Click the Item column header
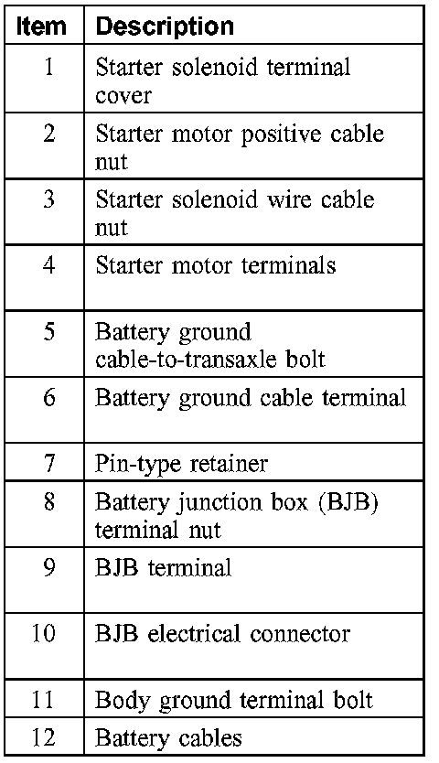[x=41, y=27]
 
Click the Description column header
[x=165, y=27]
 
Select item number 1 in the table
[x=48, y=67]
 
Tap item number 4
[x=48, y=265]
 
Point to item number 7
[x=49, y=463]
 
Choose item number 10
[x=43, y=633]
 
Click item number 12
[x=43, y=738]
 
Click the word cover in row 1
[x=123, y=95]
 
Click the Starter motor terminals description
[x=216, y=265]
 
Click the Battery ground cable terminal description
[x=251, y=398]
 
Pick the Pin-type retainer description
[x=181, y=464]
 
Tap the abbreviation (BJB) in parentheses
[x=348, y=501]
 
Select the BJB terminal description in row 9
[x=164, y=568]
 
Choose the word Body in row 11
[x=124, y=701]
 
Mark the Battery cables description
[x=168, y=738]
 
